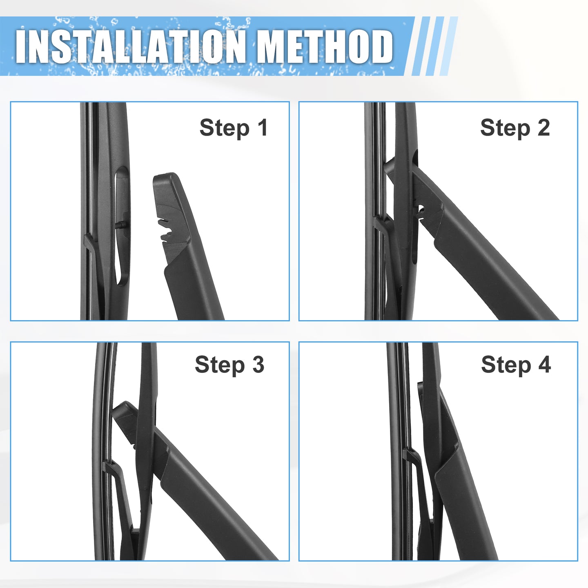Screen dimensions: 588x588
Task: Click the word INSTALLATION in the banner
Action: click(130, 47)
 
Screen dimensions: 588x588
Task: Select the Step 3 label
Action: click(229, 365)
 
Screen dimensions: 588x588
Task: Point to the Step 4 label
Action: click(516, 365)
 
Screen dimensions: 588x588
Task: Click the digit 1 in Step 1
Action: click(262, 127)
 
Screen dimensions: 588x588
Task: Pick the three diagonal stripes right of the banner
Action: click(434, 46)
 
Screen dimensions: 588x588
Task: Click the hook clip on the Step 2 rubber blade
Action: click(381, 223)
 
